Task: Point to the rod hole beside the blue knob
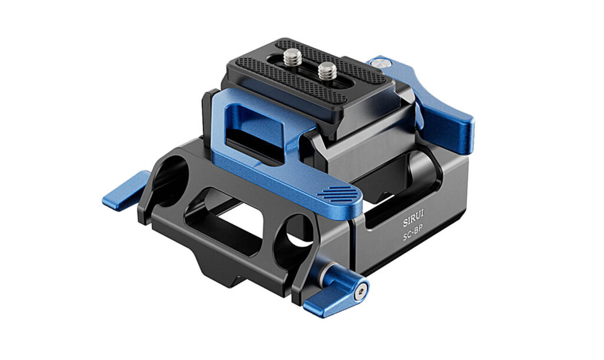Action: click(x=300, y=230)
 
